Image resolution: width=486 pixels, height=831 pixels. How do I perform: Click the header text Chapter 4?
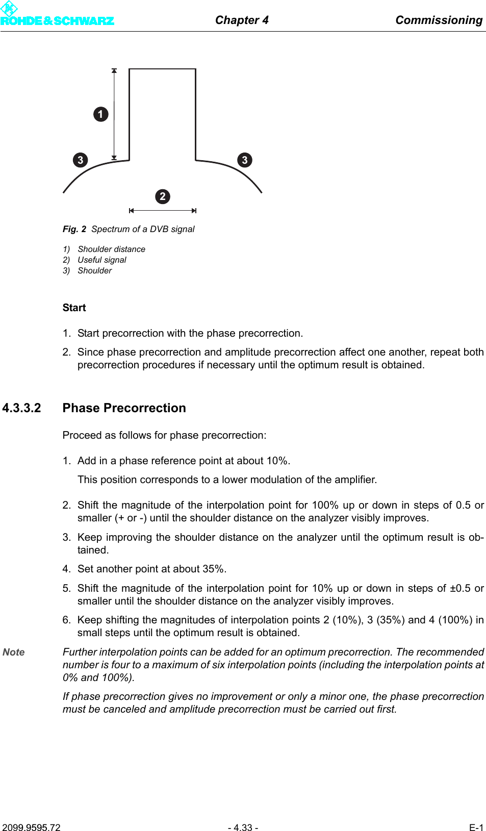click(x=242, y=20)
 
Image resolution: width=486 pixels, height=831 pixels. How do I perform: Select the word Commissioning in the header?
click(x=439, y=20)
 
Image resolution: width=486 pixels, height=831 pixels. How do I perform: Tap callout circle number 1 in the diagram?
click(x=101, y=114)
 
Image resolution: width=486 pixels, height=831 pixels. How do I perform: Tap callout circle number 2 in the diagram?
click(x=163, y=196)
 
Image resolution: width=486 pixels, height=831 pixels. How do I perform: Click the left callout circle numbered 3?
click(x=80, y=160)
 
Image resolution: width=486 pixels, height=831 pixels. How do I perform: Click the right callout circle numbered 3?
click(x=245, y=160)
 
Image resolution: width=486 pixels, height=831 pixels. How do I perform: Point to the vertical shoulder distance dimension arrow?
click(x=114, y=114)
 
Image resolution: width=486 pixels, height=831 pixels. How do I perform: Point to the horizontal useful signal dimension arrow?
click(x=163, y=210)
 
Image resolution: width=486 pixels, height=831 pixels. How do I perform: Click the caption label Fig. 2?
click(x=74, y=229)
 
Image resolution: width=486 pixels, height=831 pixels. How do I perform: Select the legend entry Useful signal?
click(x=102, y=260)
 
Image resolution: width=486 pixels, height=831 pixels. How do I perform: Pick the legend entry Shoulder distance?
click(x=111, y=249)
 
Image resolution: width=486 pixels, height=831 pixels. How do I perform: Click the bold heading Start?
click(x=74, y=308)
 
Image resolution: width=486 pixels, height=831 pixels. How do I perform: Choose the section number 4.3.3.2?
click(x=21, y=408)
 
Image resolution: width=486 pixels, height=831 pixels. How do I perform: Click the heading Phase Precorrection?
click(x=124, y=408)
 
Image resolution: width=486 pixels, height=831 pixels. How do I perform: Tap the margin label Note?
click(x=14, y=652)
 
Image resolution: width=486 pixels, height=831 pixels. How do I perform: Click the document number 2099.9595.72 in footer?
click(x=31, y=827)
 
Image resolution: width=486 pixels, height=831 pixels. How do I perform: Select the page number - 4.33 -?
click(x=243, y=827)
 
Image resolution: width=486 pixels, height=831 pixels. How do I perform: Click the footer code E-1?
click(x=476, y=827)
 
